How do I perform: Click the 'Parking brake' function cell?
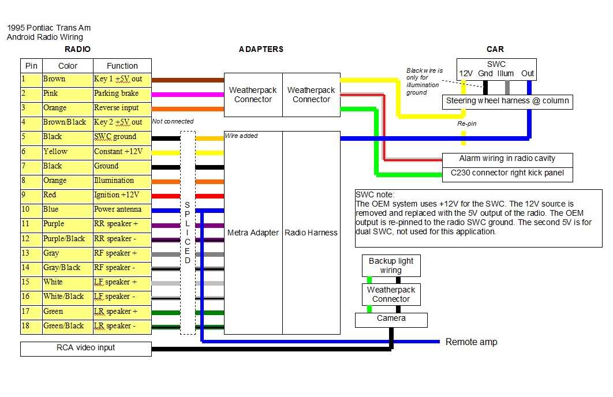[x=122, y=93]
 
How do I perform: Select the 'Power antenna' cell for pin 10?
[x=122, y=209]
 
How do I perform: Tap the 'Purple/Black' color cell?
[x=66, y=238]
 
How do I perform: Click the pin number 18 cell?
[x=31, y=325]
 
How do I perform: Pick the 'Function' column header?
[x=122, y=66]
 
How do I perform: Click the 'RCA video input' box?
[x=85, y=348]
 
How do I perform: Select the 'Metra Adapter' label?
[x=253, y=233]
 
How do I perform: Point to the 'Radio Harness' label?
[x=311, y=233]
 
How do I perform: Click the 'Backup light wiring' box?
[x=391, y=265]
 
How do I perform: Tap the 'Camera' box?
[x=391, y=319]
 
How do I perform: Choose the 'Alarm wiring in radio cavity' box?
[x=507, y=159]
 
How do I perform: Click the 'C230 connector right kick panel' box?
[x=507, y=173]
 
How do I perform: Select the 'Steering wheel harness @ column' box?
[x=507, y=101]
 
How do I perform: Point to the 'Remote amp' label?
[x=471, y=342]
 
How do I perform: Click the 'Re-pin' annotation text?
[x=466, y=124]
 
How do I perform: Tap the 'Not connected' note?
[x=173, y=122]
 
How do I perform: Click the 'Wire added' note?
[x=241, y=136]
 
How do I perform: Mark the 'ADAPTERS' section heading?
[x=261, y=50]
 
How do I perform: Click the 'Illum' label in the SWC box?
[x=506, y=74]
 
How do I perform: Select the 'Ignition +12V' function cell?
[x=122, y=195]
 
